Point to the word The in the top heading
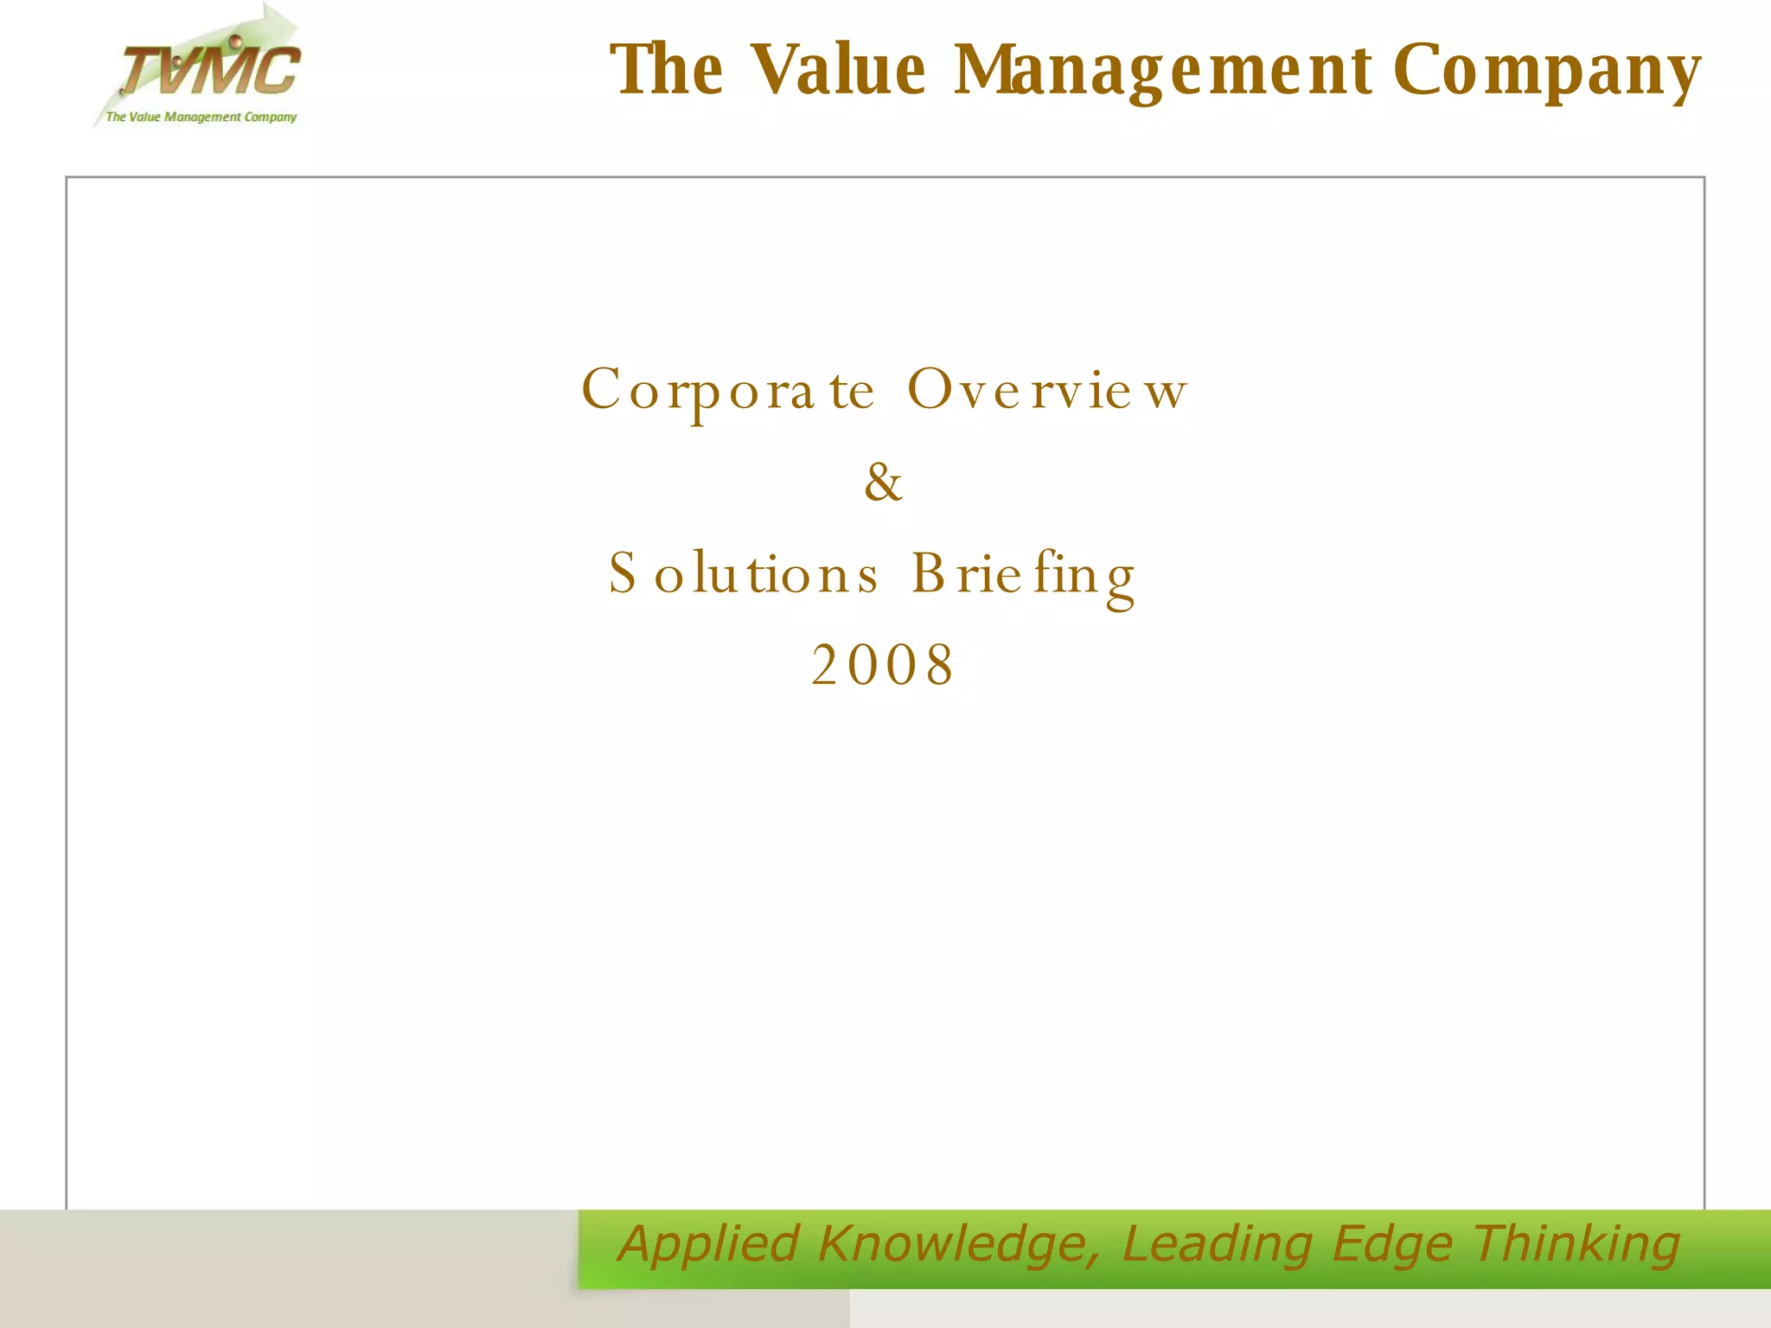(667, 69)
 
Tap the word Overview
(1047, 389)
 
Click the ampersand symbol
(883, 482)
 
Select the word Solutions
(744, 573)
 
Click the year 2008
(883, 665)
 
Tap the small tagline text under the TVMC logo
(201, 117)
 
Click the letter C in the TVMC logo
(274, 71)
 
